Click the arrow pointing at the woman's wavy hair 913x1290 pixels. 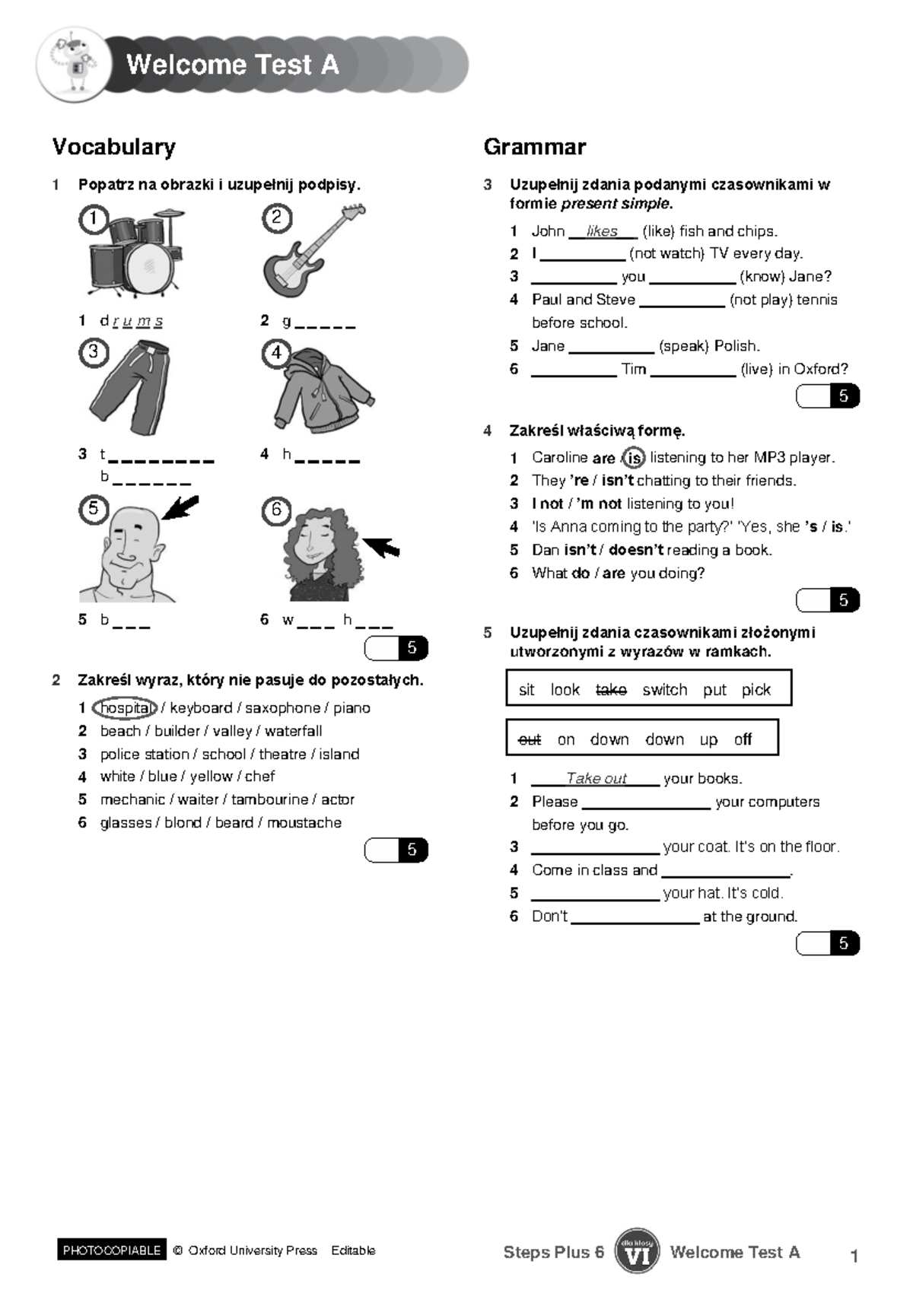point(380,546)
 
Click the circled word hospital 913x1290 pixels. point(125,708)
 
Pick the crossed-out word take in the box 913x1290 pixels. point(611,690)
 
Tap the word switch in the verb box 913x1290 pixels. point(664,690)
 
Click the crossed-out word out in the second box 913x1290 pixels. point(529,739)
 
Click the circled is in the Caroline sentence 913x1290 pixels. point(634,458)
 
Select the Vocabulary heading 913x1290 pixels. point(114,147)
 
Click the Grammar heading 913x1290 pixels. point(535,147)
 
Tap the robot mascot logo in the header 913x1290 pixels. point(73,64)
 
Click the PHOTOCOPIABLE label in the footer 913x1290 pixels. point(112,1250)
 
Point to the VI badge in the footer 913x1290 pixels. point(637,1250)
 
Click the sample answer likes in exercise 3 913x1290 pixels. point(602,231)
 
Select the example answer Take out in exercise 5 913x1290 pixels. point(596,778)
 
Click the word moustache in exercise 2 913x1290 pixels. point(304,822)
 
